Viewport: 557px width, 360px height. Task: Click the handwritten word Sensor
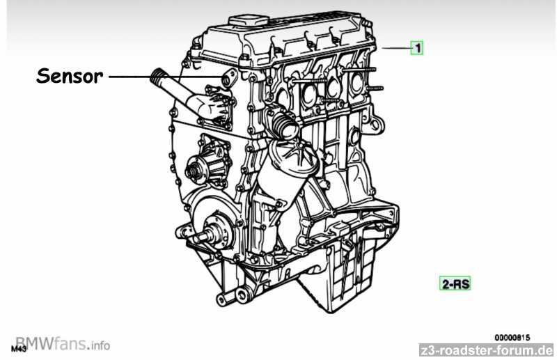(x=70, y=76)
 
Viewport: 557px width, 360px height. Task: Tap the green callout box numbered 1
(x=417, y=47)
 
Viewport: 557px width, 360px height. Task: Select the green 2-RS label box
(x=455, y=283)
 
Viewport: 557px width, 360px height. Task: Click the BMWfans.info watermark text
(x=63, y=344)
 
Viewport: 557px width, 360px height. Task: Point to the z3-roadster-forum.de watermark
(x=486, y=350)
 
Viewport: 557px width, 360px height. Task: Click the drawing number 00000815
(x=512, y=337)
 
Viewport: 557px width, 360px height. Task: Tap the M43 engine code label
(x=19, y=349)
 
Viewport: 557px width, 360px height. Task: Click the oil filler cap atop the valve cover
(x=249, y=20)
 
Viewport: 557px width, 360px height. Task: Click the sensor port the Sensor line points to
(x=228, y=79)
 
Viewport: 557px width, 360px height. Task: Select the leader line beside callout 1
(x=396, y=48)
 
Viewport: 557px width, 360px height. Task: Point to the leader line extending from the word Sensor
(x=166, y=77)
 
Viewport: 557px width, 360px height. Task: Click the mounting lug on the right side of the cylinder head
(x=377, y=125)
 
